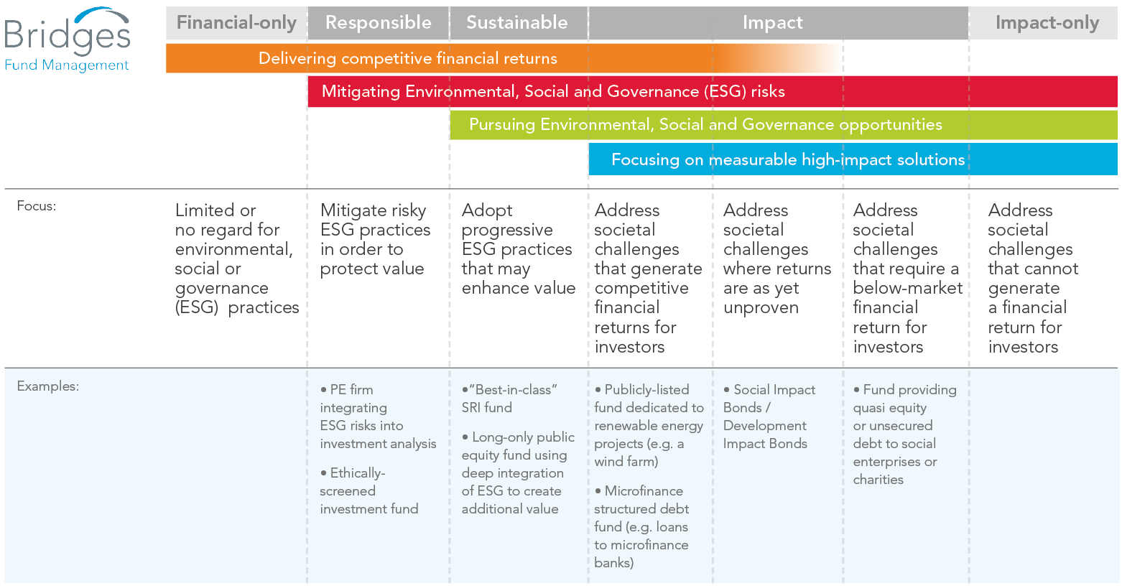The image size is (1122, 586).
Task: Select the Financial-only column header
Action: coord(236,23)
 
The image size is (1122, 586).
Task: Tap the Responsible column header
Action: coord(378,23)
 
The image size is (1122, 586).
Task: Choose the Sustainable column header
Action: coord(517,23)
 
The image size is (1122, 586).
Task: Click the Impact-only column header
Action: coord(1047,23)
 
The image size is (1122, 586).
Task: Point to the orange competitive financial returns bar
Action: coord(408,59)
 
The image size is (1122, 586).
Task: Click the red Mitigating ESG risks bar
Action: coord(553,92)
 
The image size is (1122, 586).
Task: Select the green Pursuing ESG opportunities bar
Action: coord(705,125)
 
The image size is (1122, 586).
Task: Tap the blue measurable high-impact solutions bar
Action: coord(788,159)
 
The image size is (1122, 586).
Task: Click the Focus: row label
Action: coord(37,206)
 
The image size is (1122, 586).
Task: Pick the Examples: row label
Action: coord(48,386)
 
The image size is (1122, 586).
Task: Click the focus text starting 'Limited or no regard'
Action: coord(236,259)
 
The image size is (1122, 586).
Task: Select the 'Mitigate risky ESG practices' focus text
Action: coord(374,239)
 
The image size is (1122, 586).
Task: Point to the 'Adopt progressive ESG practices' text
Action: coord(517,249)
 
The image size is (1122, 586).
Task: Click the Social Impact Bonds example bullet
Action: coord(769,417)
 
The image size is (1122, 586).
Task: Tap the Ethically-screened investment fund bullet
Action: coord(368,491)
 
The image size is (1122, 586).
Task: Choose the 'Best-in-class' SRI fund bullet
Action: coord(509,399)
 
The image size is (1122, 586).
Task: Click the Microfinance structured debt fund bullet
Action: coord(641,526)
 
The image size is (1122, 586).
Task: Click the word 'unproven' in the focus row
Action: coord(761,308)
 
